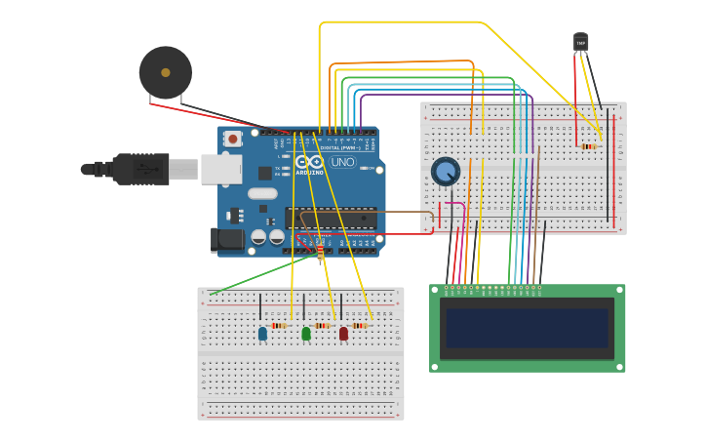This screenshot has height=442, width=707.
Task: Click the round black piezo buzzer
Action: pos(166,72)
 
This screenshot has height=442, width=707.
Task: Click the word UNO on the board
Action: pos(343,162)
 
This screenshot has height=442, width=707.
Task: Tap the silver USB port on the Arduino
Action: pos(221,169)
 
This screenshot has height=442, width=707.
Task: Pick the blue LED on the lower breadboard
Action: pos(262,333)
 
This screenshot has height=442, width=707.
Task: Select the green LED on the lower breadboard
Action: pos(306,334)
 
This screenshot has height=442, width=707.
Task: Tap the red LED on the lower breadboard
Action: pos(343,334)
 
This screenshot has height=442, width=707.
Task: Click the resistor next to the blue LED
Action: pos(279,325)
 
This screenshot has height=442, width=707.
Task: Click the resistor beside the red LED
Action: pos(360,325)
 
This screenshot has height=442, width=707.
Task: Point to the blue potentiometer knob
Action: pos(446,172)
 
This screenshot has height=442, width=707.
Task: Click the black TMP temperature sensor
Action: pos(581,42)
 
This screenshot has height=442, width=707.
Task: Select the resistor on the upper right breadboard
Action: pos(588,146)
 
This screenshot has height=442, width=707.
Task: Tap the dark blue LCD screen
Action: pos(527,329)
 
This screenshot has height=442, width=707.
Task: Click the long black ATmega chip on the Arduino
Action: pos(331,221)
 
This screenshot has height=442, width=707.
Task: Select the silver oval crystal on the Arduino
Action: pos(262,193)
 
